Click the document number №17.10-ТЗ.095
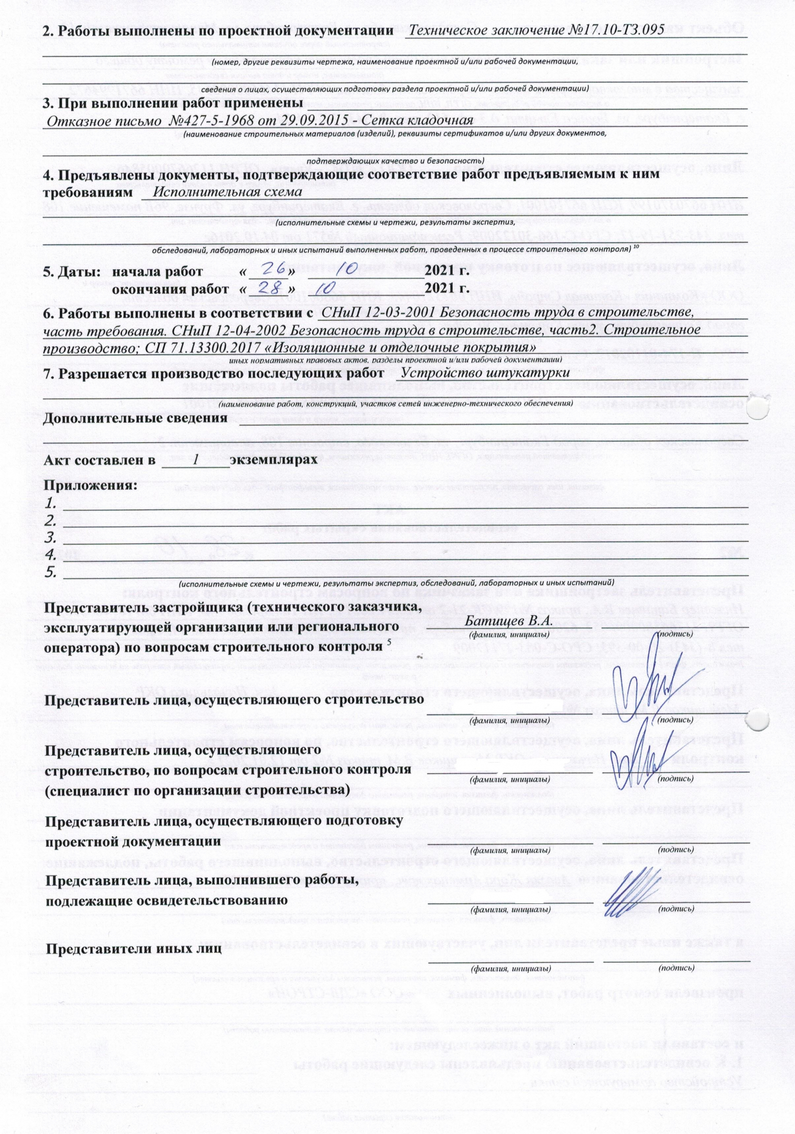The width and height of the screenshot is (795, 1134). [x=616, y=29]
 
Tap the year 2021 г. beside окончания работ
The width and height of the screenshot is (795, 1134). [x=447, y=289]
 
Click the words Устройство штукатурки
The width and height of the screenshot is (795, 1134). [x=486, y=373]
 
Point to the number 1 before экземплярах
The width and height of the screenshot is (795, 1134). [x=195, y=460]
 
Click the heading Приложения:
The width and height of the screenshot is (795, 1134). [x=91, y=485]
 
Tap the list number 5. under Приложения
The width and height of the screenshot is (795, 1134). [x=51, y=572]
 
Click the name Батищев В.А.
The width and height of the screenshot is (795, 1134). [x=508, y=619]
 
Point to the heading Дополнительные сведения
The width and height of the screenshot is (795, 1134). [x=135, y=418]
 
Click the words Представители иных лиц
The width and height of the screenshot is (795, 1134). [x=134, y=949]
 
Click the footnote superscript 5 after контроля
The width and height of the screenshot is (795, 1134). [x=389, y=642]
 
